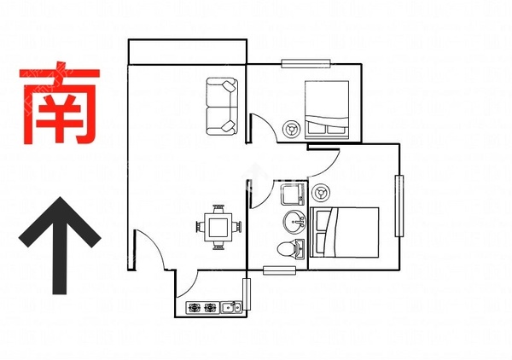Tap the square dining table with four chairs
218,228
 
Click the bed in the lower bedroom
344,231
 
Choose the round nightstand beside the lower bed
322,190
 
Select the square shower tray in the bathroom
290,195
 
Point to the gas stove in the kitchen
201,306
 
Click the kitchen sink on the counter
230,306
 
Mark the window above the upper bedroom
306,63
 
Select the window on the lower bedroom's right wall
399,206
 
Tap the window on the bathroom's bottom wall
279,270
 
